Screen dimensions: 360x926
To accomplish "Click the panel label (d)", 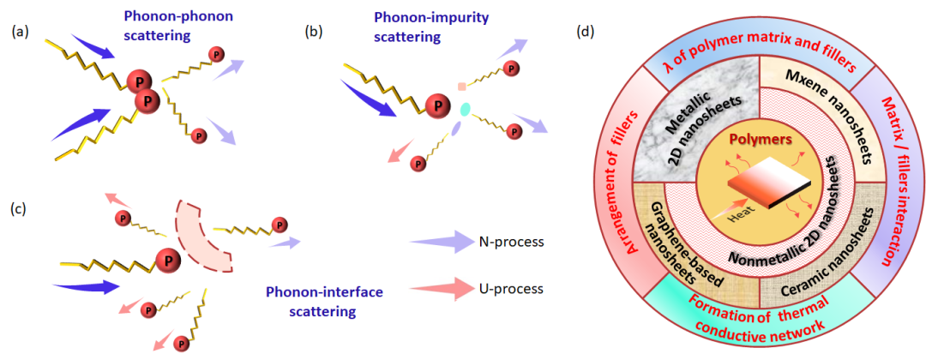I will coord(586,32).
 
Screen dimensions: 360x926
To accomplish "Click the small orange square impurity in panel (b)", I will coord(461,87).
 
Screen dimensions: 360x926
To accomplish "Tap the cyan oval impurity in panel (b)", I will coord(466,110).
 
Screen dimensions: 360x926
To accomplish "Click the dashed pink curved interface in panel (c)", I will coord(200,237).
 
